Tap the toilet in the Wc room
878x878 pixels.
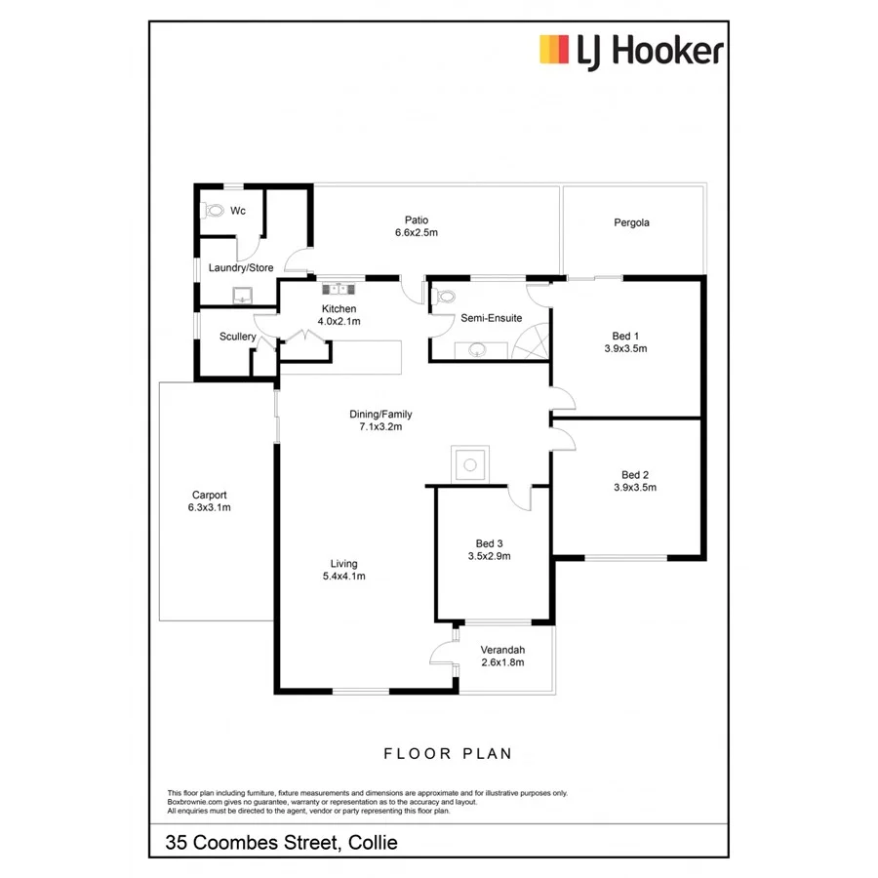[212, 209]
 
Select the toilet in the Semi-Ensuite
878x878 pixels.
[446, 297]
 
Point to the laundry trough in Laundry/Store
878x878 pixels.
[241, 296]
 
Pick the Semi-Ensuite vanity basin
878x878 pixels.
[478, 349]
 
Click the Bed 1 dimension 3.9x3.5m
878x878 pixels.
[625, 348]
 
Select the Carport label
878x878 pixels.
[209, 495]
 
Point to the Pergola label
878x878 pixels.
[631, 222]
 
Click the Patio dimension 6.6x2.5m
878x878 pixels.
[417, 233]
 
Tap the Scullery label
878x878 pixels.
[238, 337]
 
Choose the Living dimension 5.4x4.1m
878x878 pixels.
[343, 577]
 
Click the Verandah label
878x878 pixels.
[503, 650]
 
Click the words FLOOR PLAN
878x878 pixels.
[448, 753]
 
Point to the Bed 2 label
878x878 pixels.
[634, 474]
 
